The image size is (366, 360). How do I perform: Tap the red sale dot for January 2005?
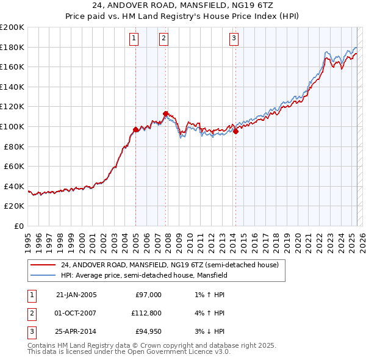click(135, 129)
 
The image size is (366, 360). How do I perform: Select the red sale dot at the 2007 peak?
click(165, 113)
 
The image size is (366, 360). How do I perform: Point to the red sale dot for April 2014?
click(235, 131)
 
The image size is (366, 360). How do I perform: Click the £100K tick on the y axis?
click(13, 126)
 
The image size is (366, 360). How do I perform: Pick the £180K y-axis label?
click(13, 47)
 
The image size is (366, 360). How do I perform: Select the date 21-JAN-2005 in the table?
click(76, 295)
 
